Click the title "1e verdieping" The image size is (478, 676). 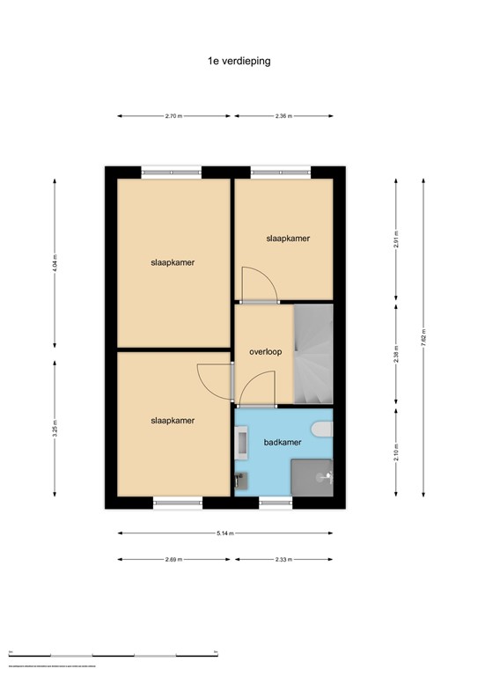click(x=239, y=62)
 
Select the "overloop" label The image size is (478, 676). click(x=264, y=351)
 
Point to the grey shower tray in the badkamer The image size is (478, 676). click(x=313, y=476)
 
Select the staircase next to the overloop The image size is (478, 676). click(x=313, y=352)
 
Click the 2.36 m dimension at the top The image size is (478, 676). click(x=283, y=115)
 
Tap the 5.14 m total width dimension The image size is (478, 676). click(x=226, y=533)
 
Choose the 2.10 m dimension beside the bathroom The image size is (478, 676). click(x=396, y=452)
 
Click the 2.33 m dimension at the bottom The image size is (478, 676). click(x=283, y=559)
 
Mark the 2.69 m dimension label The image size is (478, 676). click(x=174, y=559)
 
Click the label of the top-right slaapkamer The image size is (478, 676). click(x=288, y=239)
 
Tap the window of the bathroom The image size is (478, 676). click(x=276, y=503)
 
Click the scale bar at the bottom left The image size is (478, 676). click(x=114, y=655)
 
